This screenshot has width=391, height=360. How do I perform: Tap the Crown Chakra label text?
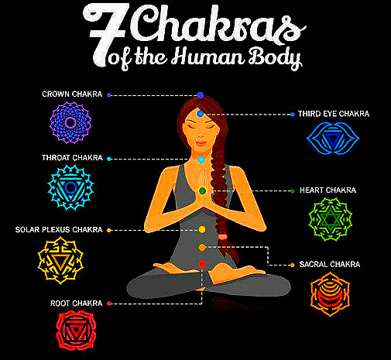click(72, 94)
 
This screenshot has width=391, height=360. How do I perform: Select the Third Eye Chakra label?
click(334, 114)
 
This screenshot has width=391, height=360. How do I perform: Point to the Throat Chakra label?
click(72, 158)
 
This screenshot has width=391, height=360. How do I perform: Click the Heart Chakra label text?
click(328, 190)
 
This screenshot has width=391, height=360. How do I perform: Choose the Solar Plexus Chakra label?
click(59, 230)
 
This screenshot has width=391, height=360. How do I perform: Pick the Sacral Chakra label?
click(330, 265)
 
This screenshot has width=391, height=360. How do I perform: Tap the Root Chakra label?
click(77, 303)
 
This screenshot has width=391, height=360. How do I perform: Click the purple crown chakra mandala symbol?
click(70, 122)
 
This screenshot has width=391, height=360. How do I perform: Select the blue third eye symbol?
click(333, 139)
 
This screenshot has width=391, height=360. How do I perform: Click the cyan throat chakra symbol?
click(70, 187)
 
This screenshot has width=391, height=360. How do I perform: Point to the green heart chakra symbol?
click(331, 219)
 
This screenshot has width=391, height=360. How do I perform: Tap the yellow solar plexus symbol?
click(60, 261)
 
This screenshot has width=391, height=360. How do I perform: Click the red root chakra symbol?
click(76, 331)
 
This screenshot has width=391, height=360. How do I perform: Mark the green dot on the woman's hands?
click(203, 191)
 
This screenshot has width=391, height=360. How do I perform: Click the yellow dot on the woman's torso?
click(202, 229)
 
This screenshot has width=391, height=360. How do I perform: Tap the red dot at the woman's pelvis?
click(202, 264)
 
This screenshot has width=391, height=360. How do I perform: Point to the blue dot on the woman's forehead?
click(201, 113)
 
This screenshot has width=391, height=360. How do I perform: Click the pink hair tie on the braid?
click(222, 237)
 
